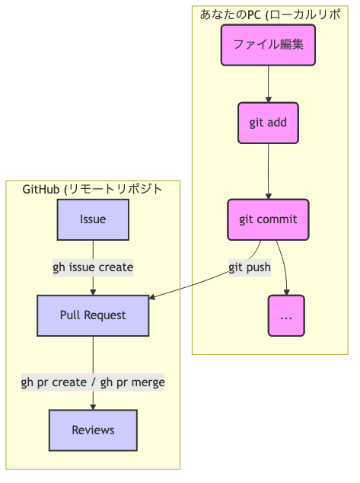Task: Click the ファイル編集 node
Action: pos(268,45)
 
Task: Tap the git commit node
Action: pos(268,219)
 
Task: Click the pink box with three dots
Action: pos(286,315)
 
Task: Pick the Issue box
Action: pos(93,219)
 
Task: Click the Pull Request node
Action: pos(93,315)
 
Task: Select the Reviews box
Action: pos(93,430)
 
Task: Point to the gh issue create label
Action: pos(93,267)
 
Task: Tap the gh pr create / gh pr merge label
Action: pos(93,382)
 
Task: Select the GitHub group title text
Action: pos(93,189)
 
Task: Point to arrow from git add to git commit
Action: pos(268,171)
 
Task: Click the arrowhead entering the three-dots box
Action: pos(287,292)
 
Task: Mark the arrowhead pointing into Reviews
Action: pos(93,407)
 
